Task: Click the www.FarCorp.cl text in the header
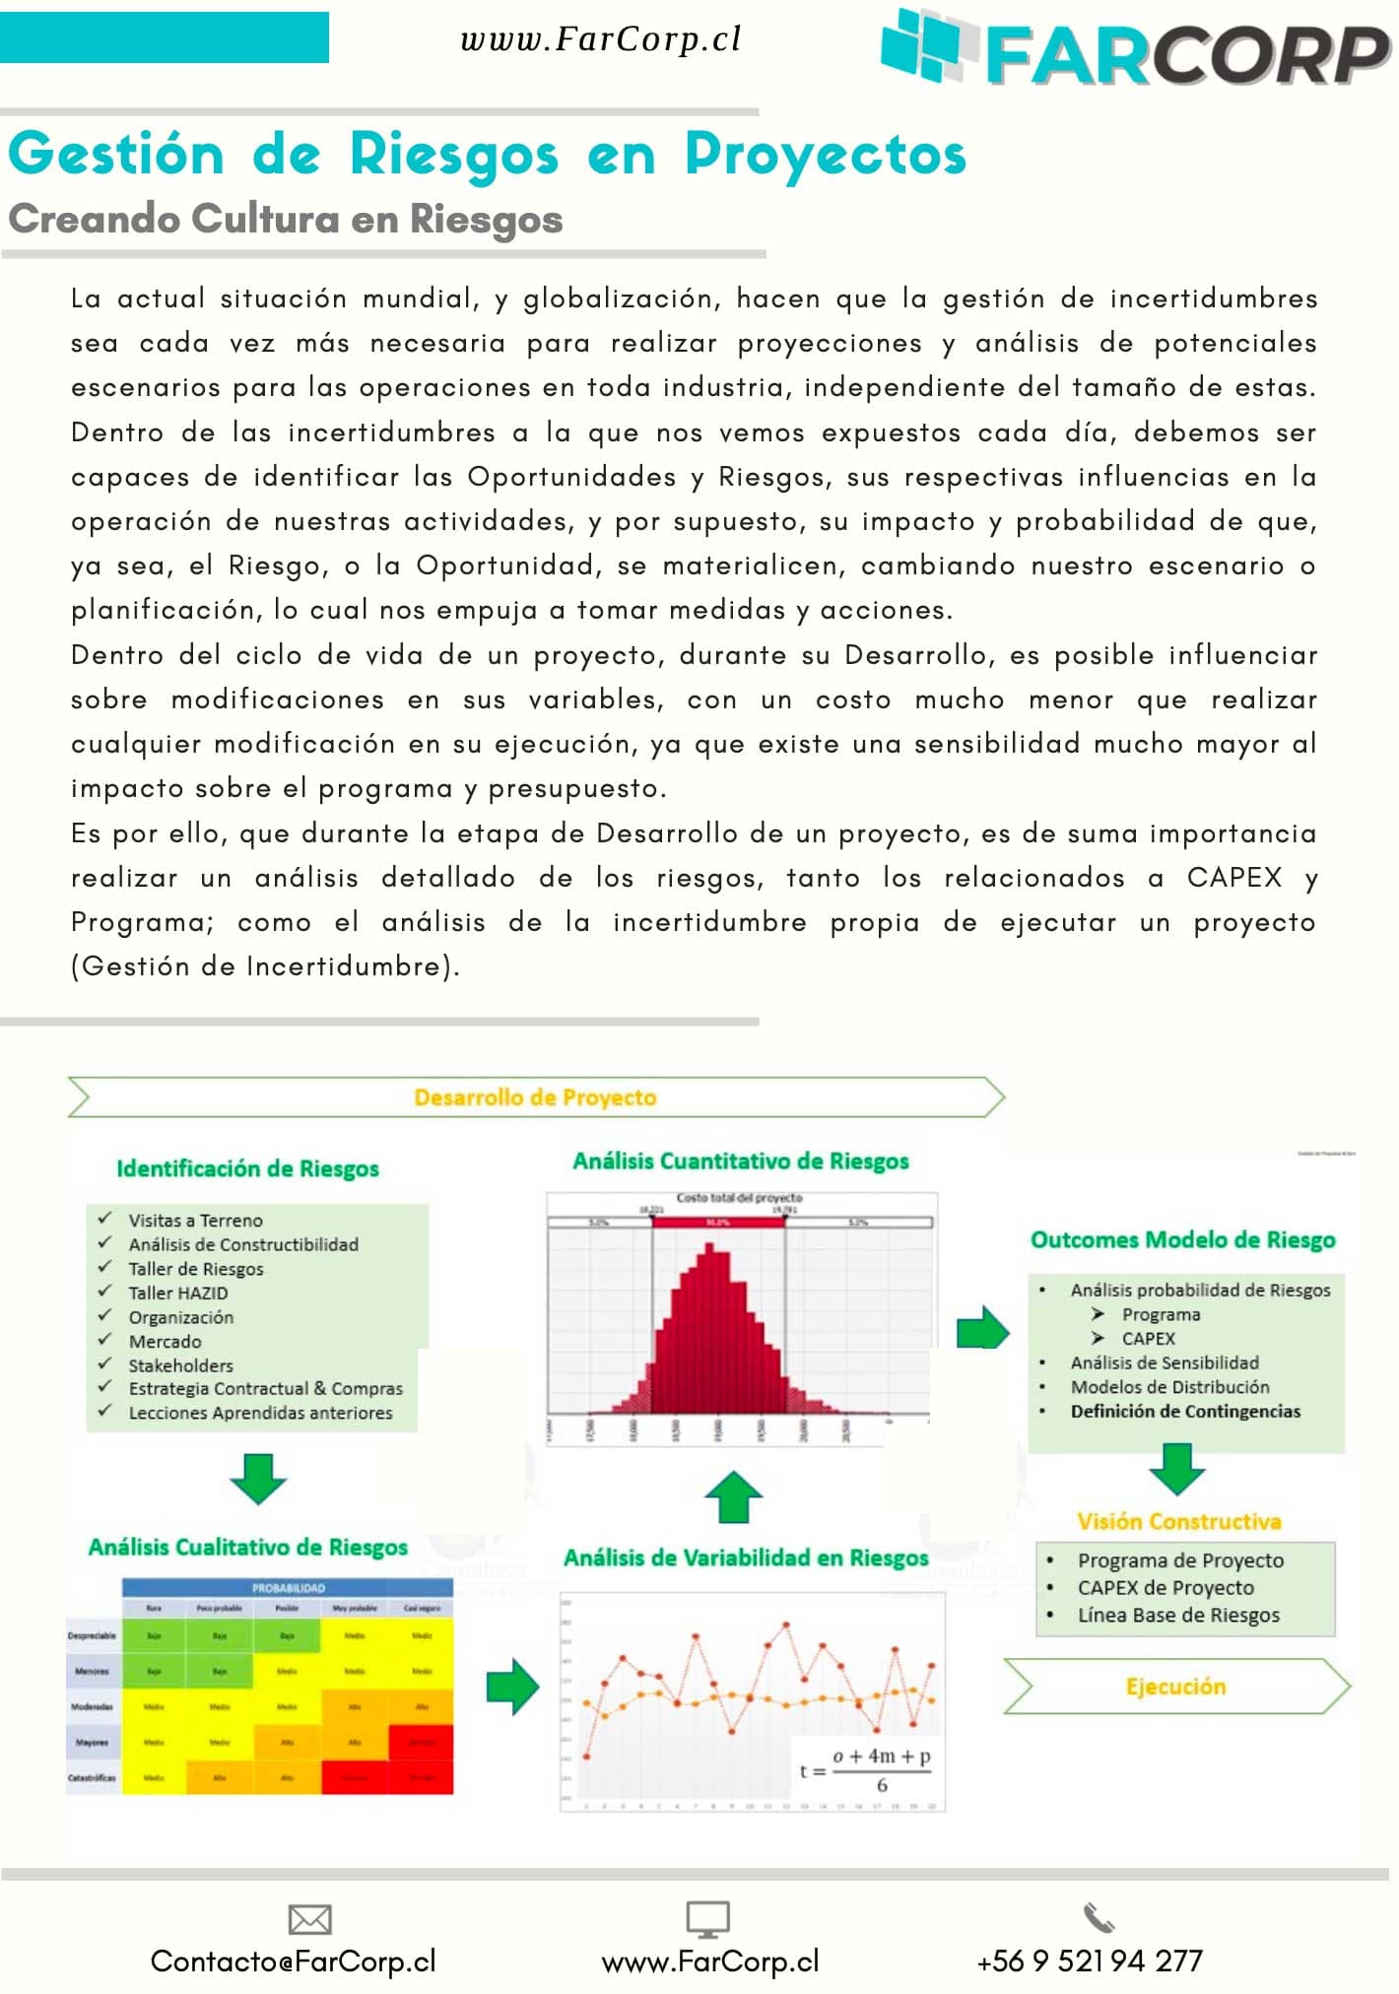[x=600, y=39]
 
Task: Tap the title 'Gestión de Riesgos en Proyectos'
[x=487, y=155]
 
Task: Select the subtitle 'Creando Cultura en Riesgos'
[x=286, y=219]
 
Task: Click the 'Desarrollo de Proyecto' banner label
[x=535, y=1097]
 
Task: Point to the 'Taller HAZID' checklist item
[x=177, y=1293]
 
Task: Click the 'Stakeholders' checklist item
[x=180, y=1365]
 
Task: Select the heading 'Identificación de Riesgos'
[x=247, y=1168]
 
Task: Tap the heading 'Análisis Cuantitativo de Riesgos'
[x=740, y=1161]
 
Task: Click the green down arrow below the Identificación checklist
[x=257, y=1478]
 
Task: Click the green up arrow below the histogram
[x=734, y=1496]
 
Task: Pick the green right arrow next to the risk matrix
[x=512, y=1687]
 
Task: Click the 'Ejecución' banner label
[x=1175, y=1687]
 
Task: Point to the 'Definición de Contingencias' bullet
[x=1185, y=1411]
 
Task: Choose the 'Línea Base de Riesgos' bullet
[x=1178, y=1615]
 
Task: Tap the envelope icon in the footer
[x=309, y=1919]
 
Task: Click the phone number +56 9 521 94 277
[x=1089, y=1961]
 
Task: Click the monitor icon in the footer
[x=707, y=1919]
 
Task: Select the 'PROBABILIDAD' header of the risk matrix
[x=288, y=1588]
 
